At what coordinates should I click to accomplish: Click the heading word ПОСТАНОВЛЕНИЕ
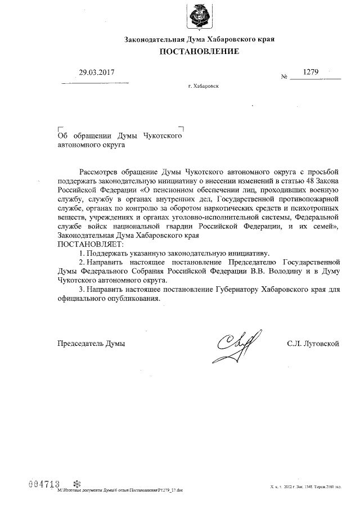[x=200, y=52]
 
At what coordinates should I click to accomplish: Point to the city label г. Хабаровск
[x=204, y=87]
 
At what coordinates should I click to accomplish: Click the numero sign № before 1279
[x=284, y=77]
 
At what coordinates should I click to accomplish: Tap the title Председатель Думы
[x=91, y=343]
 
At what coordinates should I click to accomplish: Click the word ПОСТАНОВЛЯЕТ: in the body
[x=88, y=244]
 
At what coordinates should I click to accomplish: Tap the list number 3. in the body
[x=82, y=289]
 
